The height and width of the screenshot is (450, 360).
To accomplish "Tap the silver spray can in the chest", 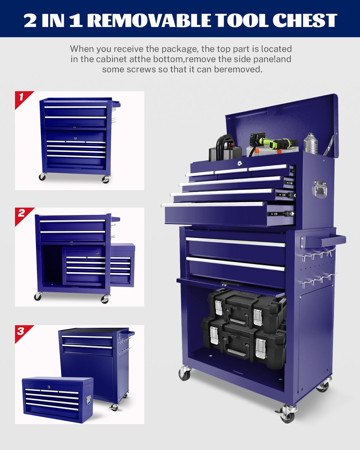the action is pyautogui.click(x=310, y=144).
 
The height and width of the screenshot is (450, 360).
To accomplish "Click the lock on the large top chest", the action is pyautogui.click(x=240, y=163).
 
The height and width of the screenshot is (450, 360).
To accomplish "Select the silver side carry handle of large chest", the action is pyautogui.click(x=320, y=190).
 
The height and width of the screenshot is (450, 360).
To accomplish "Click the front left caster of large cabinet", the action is pyautogui.click(x=185, y=373).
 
